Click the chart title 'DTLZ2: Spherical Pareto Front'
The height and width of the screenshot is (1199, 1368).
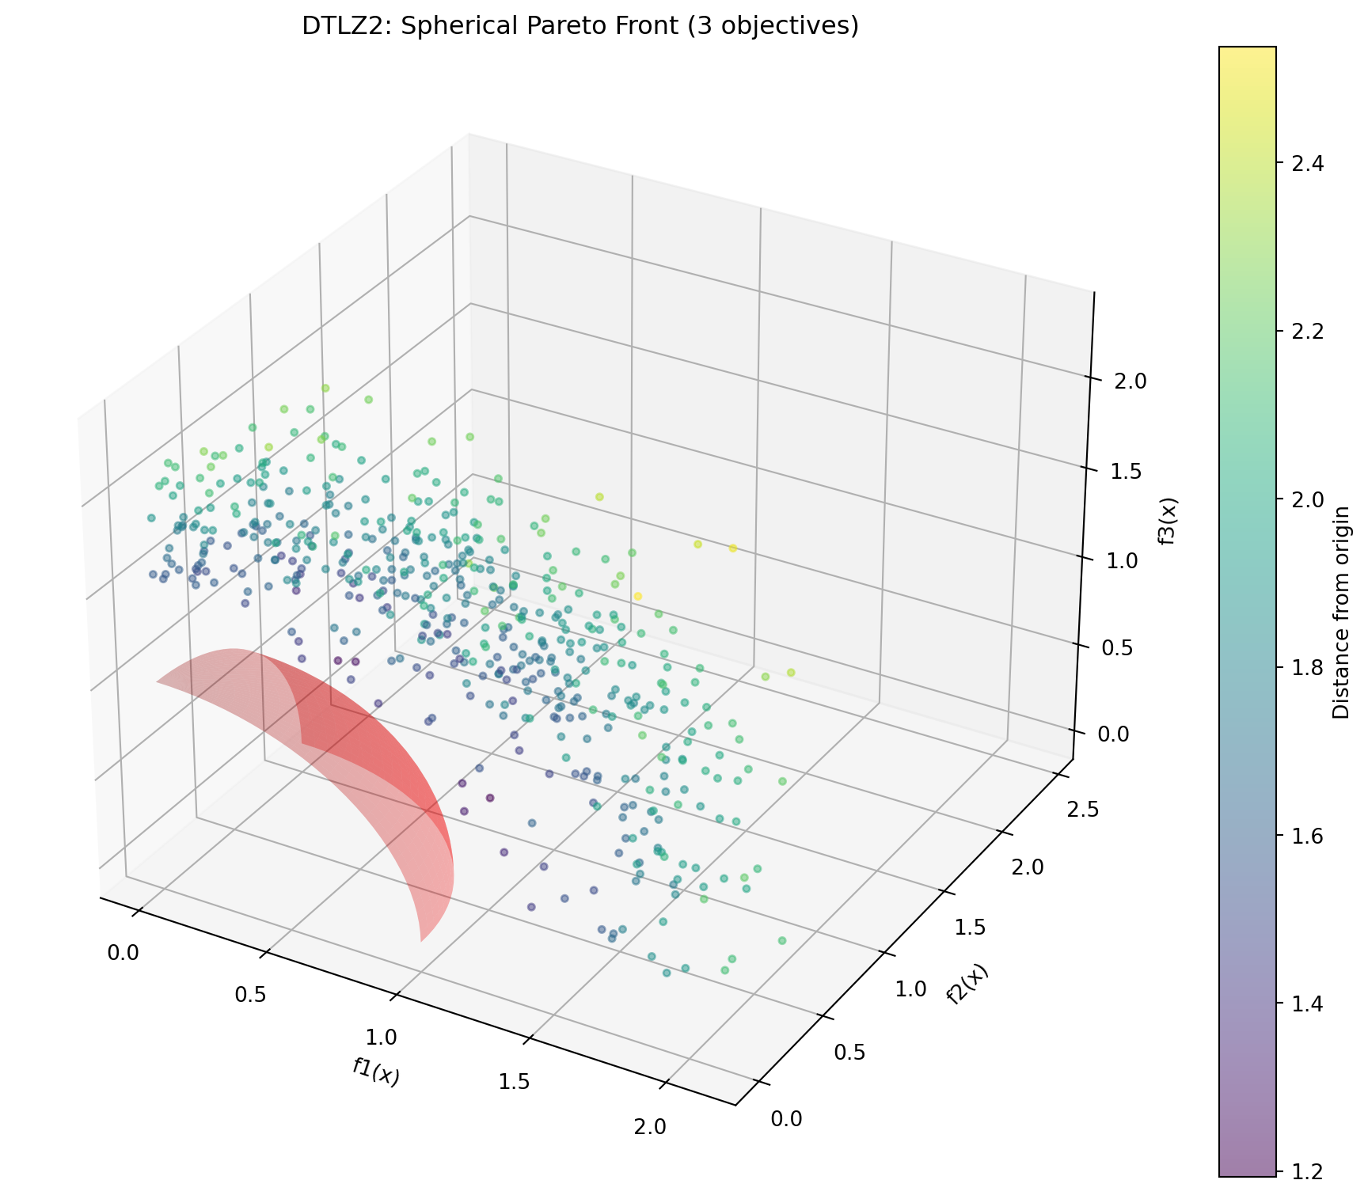(x=580, y=26)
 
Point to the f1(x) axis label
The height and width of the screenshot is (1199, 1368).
(x=376, y=1072)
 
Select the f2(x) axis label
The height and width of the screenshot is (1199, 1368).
(x=967, y=986)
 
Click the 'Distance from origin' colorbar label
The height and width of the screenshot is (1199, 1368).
(x=1340, y=613)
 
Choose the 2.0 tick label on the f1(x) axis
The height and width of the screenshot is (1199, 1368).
(x=654, y=1126)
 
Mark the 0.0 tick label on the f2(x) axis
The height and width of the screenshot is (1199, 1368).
(x=785, y=1117)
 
